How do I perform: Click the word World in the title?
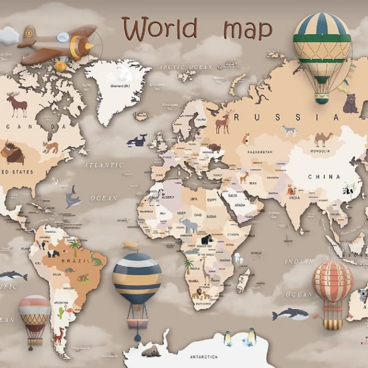(x=160, y=29)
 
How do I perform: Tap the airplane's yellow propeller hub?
(x=89, y=45)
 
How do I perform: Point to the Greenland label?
(x=110, y=86)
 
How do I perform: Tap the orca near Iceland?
(x=138, y=141)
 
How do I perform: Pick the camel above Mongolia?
(x=324, y=139)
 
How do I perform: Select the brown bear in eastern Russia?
(x=351, y=104)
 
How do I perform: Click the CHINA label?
(x=324, y=177)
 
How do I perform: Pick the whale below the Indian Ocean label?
(x=288, y=314)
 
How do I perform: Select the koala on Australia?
(x=363, y=294)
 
